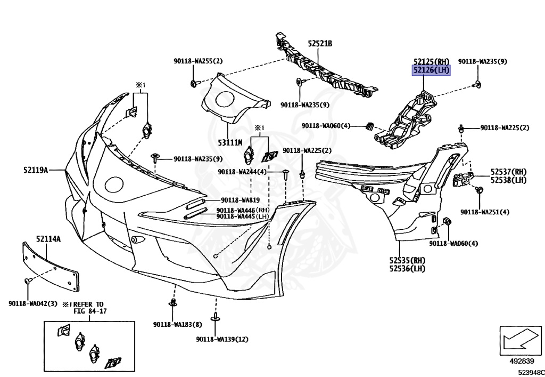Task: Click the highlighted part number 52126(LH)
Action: (432, 70)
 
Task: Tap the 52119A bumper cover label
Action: (36, 170)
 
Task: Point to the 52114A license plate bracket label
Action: (48, 239)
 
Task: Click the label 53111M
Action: (229, 142)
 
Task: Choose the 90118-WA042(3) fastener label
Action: (33, 303)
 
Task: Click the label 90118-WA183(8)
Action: (177, 324)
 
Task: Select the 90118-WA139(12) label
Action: (222, 339)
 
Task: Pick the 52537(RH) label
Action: (508, 172)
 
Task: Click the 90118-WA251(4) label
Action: (484, 212)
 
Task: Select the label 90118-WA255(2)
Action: (198, 61)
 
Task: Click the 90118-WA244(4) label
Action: (242, 172)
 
